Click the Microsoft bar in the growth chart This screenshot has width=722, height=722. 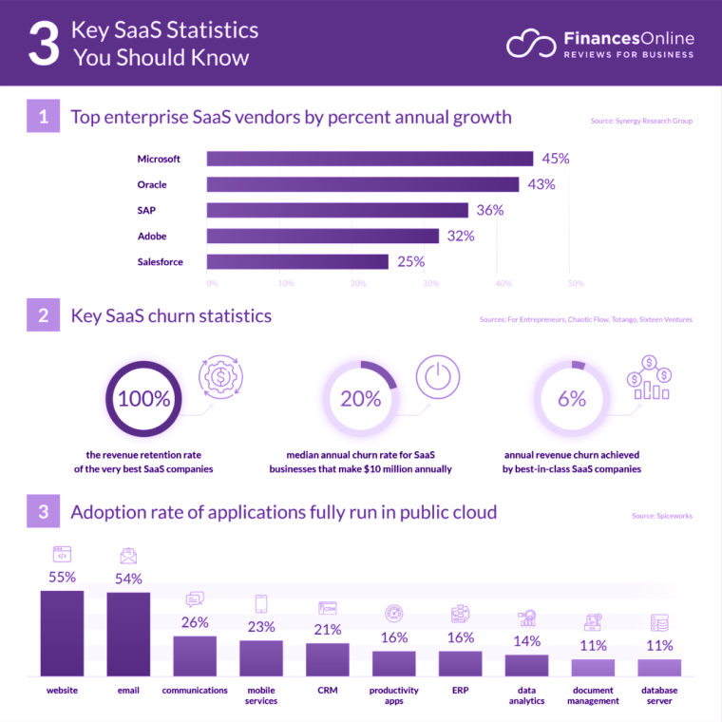click(x=370, y=159)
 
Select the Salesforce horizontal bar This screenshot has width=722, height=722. click(x=297, y=261)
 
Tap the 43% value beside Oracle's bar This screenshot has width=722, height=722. click(x=541, y=184)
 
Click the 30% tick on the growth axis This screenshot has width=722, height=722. click(x=430, y=283)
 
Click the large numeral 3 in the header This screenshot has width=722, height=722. click(x=43, y=44)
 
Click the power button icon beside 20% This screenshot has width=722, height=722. click(x=437, y=376)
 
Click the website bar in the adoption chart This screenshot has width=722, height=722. click(x=62, y=633)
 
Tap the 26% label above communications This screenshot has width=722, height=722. click(x=195, y=622)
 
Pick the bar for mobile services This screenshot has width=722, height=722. click(x=261, y=657)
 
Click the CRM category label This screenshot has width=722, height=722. click(x=328, y=691)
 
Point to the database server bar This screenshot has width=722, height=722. click(x=659, y=667)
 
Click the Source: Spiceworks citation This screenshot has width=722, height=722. click(x=662, y=516)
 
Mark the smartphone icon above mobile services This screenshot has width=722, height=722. click(x=261, y=603)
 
